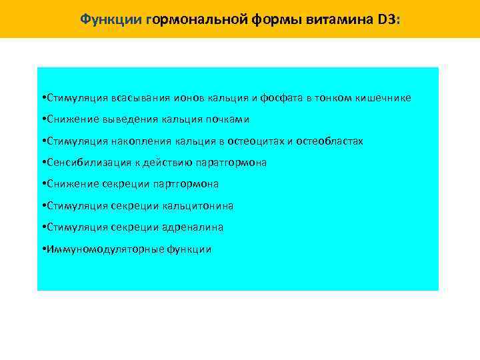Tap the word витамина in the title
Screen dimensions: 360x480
coord(335,19)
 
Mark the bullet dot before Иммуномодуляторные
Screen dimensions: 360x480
coord(42,249)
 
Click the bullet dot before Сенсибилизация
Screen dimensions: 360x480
coord(42,163)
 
